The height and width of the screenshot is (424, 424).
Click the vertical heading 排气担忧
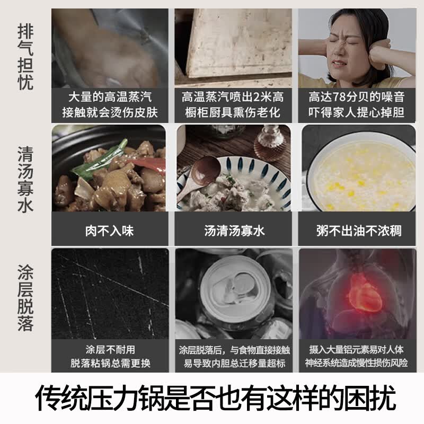tap(25, 57)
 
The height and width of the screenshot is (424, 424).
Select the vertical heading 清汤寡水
tap(25, 179)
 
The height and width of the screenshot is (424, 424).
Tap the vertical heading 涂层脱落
tap(25, 298)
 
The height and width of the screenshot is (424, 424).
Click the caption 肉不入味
tap(110, 231)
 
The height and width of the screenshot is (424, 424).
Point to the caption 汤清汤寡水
tap(234, 231)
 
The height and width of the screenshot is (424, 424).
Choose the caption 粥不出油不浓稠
tap(359, 231)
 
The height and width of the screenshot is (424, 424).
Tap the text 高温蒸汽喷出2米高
tap(233, 97)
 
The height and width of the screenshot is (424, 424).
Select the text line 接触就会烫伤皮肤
tap(110, 112)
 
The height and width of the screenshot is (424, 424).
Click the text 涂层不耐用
tap(110, 350)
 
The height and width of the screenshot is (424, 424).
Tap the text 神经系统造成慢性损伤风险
tap(356, 363)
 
